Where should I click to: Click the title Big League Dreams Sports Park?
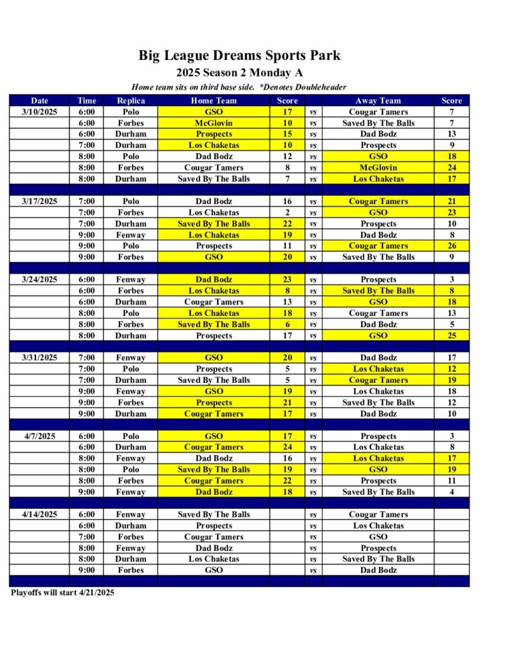click(239, 55)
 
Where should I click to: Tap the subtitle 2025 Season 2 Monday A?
click(239, 73)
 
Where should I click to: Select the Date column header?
click(39, 100)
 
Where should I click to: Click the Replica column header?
click(131, 100)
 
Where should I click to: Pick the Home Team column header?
click(214, 100)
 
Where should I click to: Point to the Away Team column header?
click(378, 100)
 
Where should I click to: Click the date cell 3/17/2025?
click(39, 201)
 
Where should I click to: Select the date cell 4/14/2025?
click(39, 514)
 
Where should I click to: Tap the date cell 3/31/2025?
click(39, 358)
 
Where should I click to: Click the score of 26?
click(452, 246)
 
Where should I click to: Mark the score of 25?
click(452, 335)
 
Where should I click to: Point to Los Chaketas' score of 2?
click(287, 212)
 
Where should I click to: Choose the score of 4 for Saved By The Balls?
click(452, 492)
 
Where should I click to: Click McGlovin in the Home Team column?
click(214, 123)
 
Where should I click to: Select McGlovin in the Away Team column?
click(378, 167)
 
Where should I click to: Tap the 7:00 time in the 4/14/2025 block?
click(87, 537)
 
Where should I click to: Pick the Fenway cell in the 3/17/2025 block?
click(131, 235)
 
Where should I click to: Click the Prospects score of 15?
click(287, 134)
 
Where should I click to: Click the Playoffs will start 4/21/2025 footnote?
click(62, 593)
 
